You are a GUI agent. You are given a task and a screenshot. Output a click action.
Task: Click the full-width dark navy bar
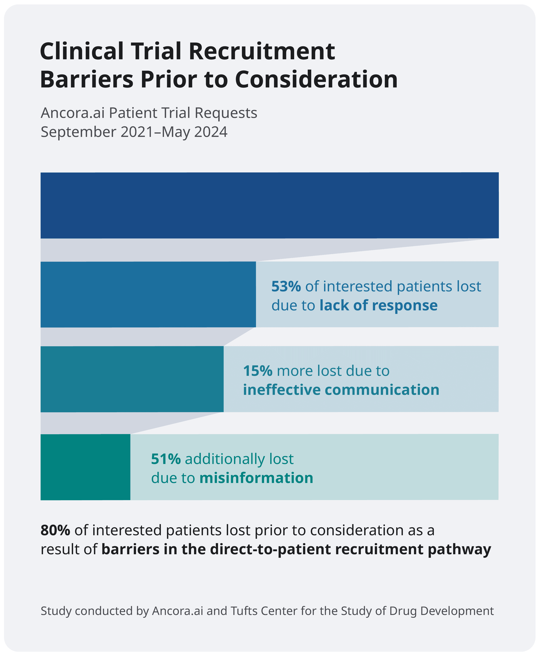270,205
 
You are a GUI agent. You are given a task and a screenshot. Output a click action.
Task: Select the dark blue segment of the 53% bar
148,294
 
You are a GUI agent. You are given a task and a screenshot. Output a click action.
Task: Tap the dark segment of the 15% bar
132,379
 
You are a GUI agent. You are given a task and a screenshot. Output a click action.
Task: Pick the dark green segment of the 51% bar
85,467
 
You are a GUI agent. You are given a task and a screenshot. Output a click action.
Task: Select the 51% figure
166,459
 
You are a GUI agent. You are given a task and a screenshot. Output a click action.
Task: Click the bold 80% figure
55,530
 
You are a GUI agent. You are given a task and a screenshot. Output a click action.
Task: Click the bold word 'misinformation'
256,478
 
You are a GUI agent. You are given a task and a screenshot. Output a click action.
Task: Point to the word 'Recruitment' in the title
262,51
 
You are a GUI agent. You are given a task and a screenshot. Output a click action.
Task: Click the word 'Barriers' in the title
87,80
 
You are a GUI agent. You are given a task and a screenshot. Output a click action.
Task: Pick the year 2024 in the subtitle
211,132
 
